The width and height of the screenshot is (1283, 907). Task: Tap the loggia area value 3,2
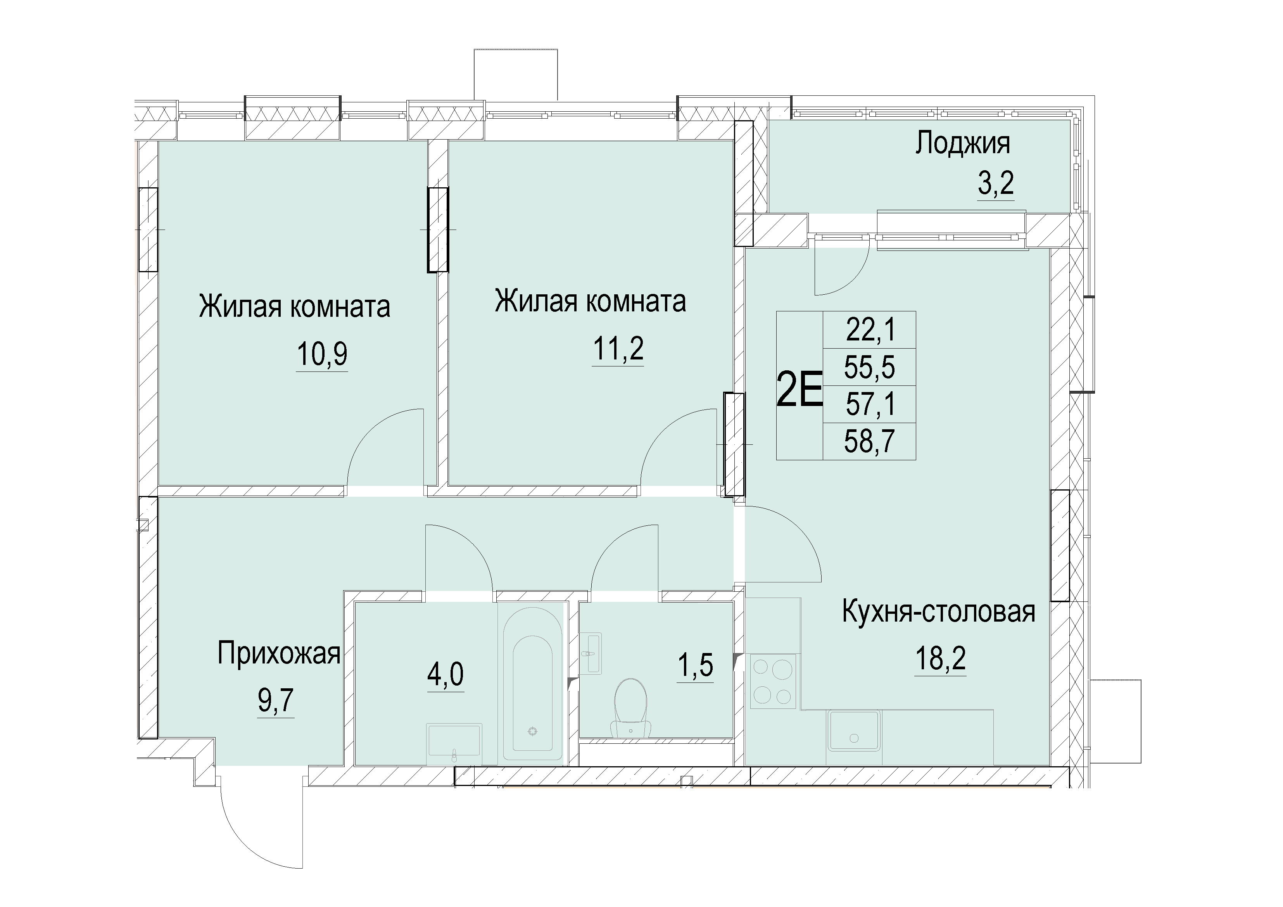coord(996,182)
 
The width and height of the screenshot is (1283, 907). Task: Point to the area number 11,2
coord(618,348)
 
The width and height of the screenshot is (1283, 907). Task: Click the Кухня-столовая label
coord(939,612)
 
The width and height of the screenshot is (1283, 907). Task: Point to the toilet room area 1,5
coord(695,665)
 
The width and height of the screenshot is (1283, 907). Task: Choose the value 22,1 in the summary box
coord(870,330)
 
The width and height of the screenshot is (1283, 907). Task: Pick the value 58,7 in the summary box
coord(870,442)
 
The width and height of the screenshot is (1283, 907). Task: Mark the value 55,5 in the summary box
coord(870,367)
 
